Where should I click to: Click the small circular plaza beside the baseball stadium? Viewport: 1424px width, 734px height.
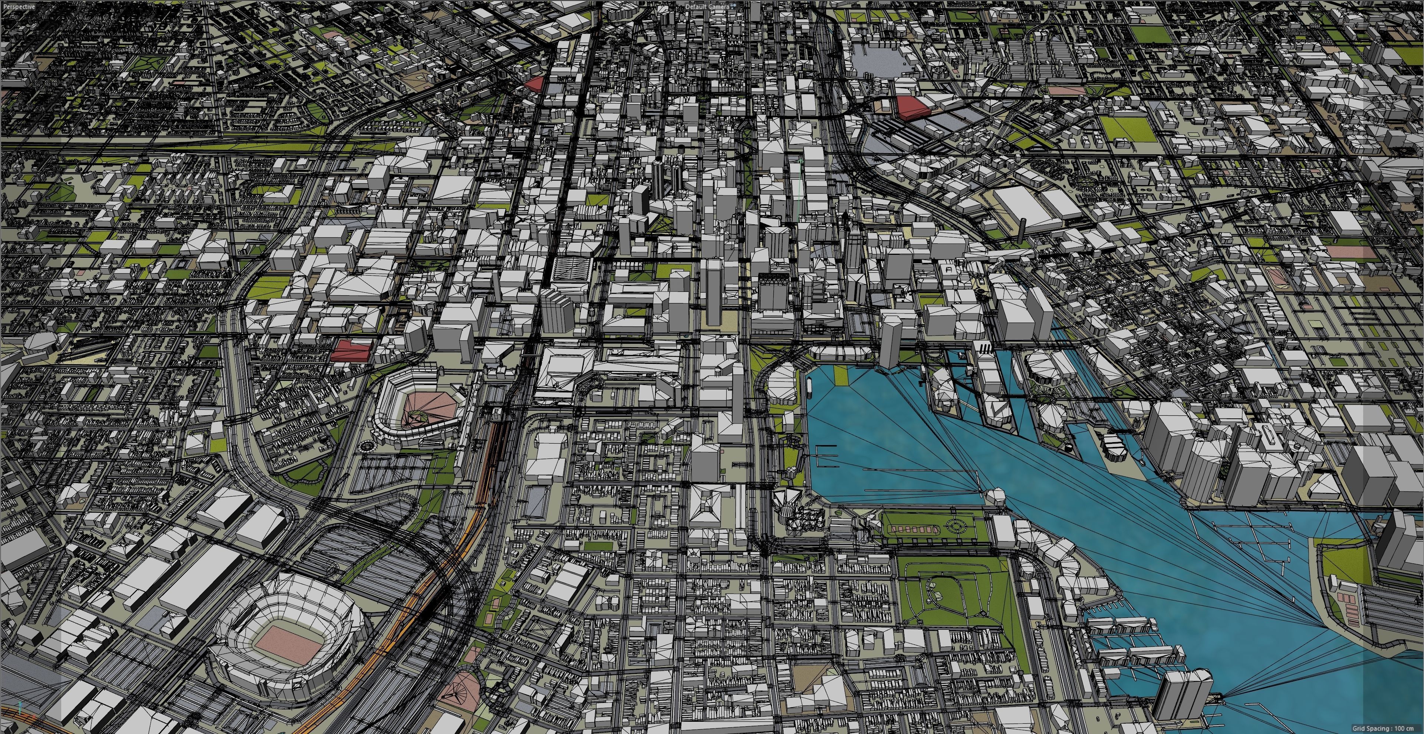(x=367, y=444)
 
